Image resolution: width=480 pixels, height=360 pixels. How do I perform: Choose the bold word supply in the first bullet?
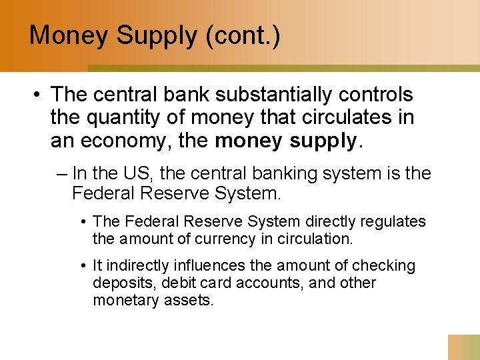tap(325, 141)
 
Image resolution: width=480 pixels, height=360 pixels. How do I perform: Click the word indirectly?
tap(134, 266)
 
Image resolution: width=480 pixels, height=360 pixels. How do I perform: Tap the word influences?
tap(201, 266)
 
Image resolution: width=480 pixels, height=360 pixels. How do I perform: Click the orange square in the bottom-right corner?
tap(463, 347)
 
